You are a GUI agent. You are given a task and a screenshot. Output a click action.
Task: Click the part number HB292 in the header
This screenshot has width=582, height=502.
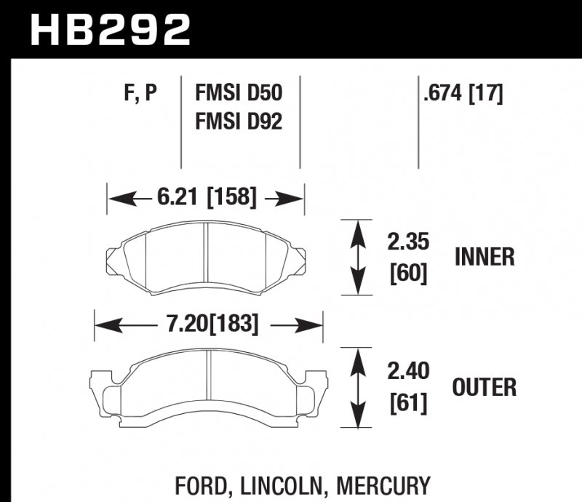click(x=109, y=30)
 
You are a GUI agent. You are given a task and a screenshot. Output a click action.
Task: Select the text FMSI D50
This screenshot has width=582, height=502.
click(x=238, y=92)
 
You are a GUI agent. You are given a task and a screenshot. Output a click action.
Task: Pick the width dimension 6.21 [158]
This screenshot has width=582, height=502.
click(x=205, y=196)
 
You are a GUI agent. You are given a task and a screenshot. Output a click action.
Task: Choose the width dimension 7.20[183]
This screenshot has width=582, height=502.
click(x=207, y=323)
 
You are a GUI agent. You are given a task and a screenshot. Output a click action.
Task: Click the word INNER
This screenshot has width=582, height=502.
click(x=485, y=257)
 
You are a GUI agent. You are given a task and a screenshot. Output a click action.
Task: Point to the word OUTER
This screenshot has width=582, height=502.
click(x=485, y=387)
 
